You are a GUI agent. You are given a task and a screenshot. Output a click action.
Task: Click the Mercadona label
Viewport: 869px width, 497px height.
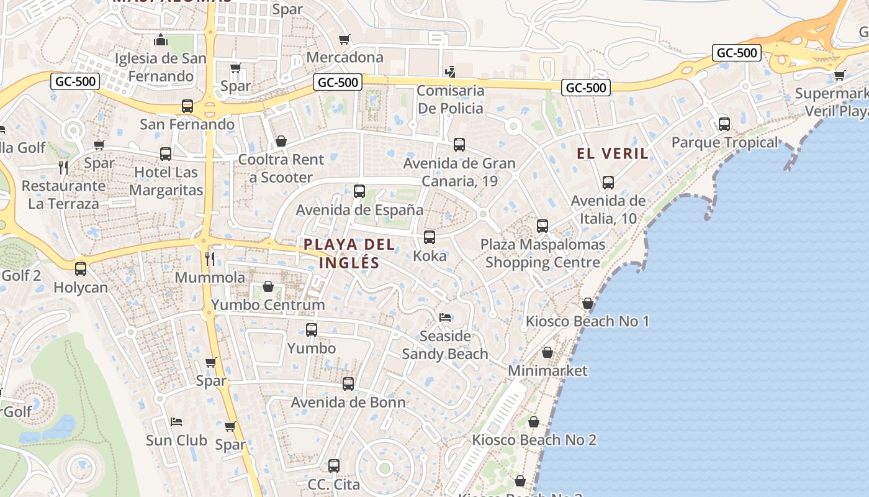345,58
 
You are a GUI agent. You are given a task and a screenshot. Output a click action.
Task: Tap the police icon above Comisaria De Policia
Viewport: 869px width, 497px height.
451,71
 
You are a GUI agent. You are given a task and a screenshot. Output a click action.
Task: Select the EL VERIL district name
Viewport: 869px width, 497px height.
613,153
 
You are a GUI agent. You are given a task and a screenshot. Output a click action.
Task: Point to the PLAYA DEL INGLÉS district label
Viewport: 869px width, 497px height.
349,253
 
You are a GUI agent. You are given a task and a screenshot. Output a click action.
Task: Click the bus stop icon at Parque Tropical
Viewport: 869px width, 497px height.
724,124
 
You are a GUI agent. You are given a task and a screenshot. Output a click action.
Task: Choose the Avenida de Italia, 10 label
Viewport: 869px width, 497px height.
608,209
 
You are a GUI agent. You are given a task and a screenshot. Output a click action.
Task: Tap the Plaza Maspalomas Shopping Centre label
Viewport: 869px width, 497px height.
543,253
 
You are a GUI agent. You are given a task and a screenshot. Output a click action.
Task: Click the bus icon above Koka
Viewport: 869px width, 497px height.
429,237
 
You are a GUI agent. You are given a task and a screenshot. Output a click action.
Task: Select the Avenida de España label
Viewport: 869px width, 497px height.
359,210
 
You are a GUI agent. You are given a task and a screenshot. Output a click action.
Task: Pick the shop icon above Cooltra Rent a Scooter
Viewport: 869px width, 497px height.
281,141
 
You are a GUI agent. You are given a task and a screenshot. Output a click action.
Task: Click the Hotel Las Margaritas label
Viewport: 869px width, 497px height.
166,181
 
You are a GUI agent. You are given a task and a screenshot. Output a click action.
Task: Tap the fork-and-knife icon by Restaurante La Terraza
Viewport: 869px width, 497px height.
63,166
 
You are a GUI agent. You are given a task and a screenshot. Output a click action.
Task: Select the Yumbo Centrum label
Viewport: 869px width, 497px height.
268,305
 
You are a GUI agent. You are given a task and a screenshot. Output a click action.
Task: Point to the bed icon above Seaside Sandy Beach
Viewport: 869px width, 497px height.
445,317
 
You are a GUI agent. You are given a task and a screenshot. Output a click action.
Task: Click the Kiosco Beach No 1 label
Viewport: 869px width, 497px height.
587,321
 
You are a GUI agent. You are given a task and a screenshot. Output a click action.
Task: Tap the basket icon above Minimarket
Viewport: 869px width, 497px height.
547,352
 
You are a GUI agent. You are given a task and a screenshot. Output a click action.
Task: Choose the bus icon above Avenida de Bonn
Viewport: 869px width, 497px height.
348,383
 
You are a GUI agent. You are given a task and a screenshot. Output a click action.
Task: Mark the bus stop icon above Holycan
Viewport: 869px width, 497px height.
81,268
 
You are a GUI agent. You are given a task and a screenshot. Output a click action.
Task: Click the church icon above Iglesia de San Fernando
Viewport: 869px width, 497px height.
161,40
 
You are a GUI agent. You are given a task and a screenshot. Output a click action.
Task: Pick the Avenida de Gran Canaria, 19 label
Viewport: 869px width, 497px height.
459,172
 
